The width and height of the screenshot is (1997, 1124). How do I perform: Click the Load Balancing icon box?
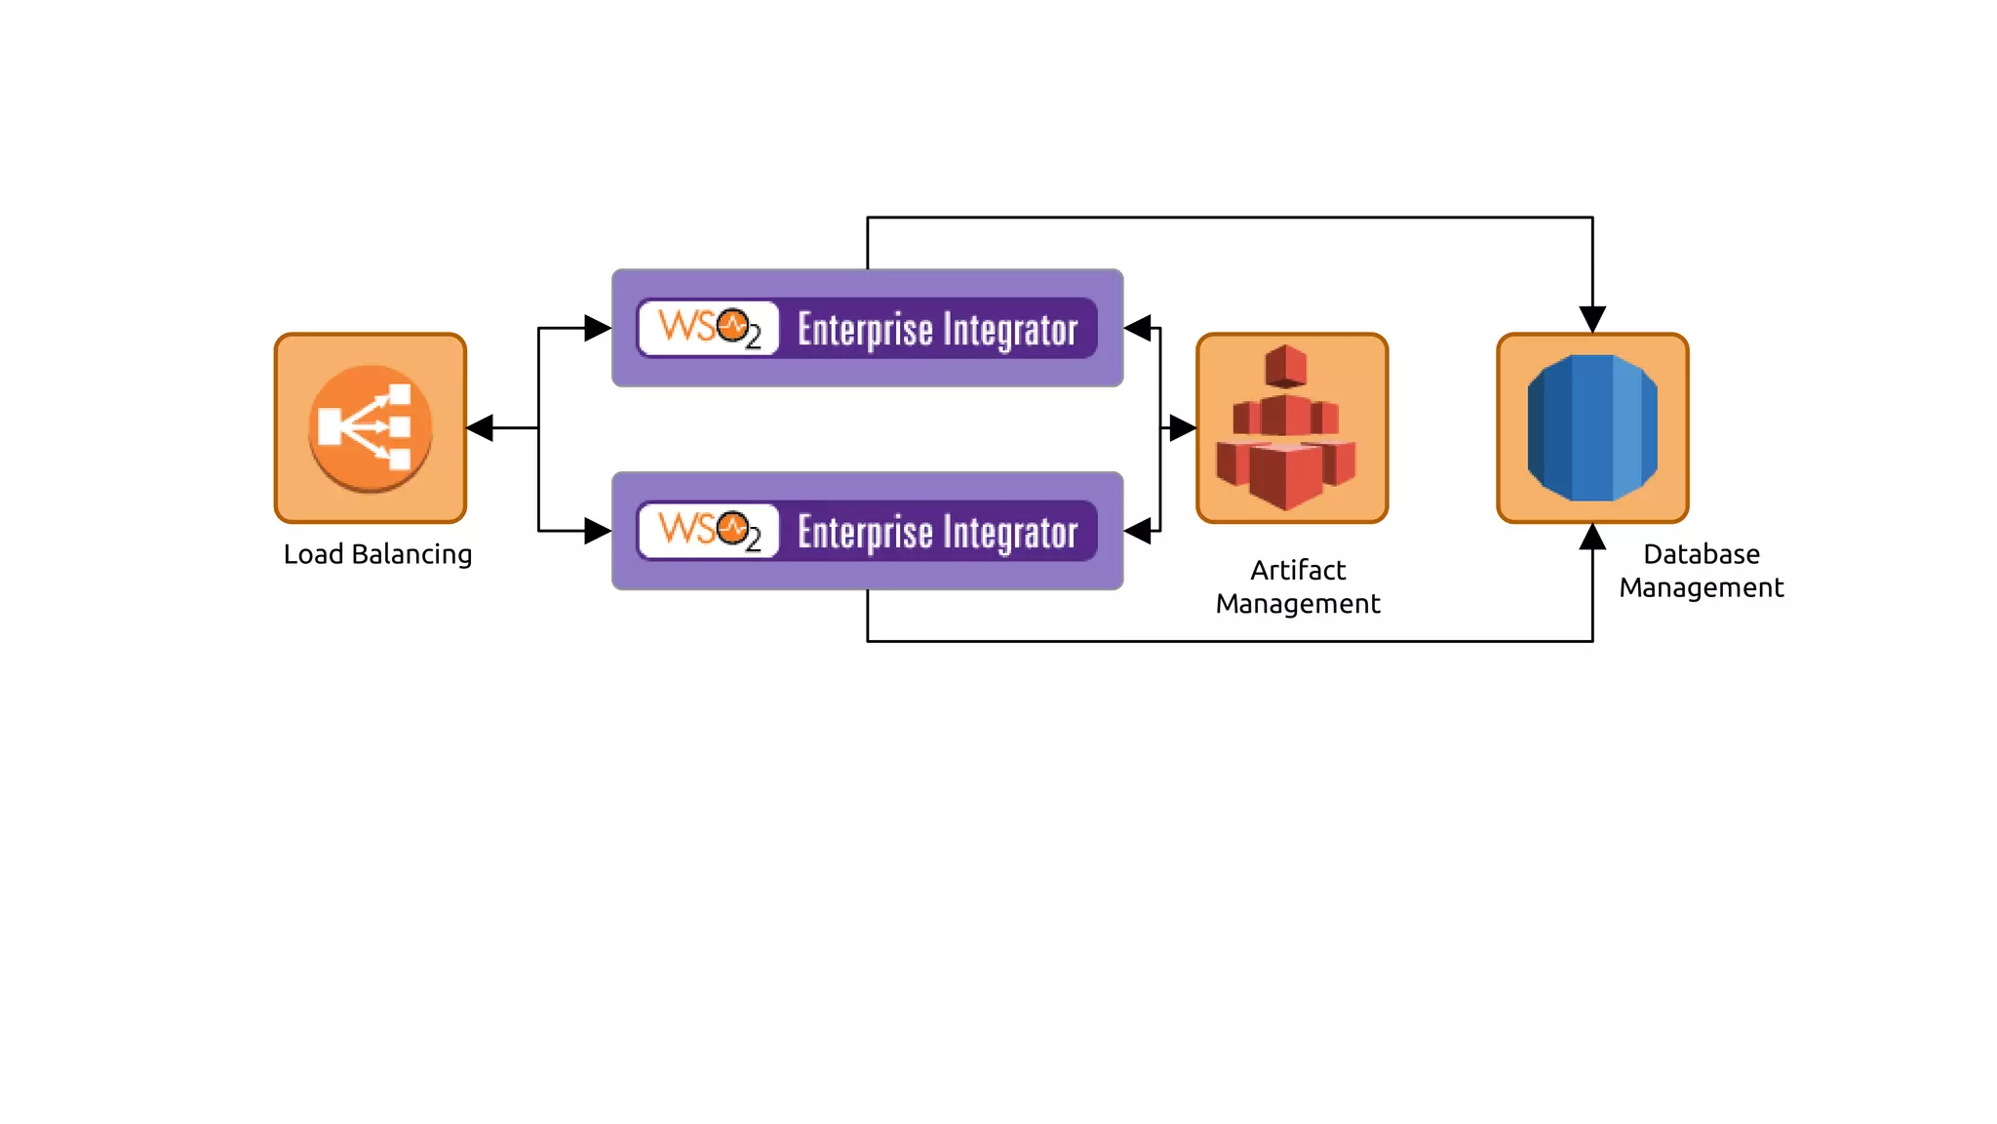(x=371, y=428)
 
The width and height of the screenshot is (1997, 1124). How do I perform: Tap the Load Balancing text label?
(x=377, y=554)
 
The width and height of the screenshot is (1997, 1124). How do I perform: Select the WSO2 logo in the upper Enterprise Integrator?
(x=709, y=328)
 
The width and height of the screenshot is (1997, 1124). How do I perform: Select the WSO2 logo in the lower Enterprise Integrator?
(x=709, y=531)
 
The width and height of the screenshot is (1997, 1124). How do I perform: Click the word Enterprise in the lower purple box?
(x=865, y=533)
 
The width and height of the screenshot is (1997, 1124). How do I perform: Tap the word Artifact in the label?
(x=1298, y=570)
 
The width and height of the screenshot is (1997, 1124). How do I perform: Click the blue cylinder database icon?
(x=1591, y=428)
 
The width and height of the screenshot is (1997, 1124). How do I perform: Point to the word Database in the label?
(x=1702, y=554)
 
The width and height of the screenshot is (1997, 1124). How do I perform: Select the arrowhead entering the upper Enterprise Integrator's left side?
(x=597, y=328)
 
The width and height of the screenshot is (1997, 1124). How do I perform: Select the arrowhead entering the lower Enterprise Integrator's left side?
(x=597, y=531)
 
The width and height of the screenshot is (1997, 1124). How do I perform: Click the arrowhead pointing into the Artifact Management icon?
(x=1182, y=427)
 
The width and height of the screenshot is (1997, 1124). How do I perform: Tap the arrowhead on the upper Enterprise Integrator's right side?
(x=1139, y=328)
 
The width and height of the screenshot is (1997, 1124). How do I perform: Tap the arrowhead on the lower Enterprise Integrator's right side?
(x=1139, y=531)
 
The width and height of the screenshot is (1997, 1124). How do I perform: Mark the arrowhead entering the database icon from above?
(x=1592, y=318)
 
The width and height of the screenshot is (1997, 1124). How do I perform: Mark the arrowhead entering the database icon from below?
(x=1592, y=538)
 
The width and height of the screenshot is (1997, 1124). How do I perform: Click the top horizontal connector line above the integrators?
(x=1229, y=218)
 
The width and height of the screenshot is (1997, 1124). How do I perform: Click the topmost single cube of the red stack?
(x=1285, y=366)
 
